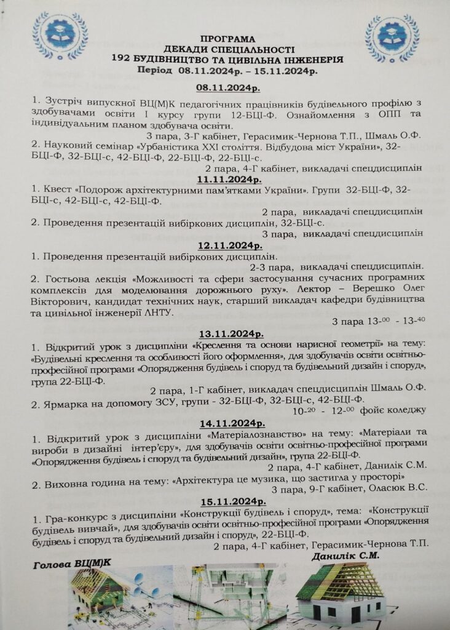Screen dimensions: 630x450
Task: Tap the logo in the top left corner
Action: coord(60,36)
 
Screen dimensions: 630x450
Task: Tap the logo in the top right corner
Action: coord(392,38)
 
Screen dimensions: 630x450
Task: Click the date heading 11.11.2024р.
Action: coord(229,179)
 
